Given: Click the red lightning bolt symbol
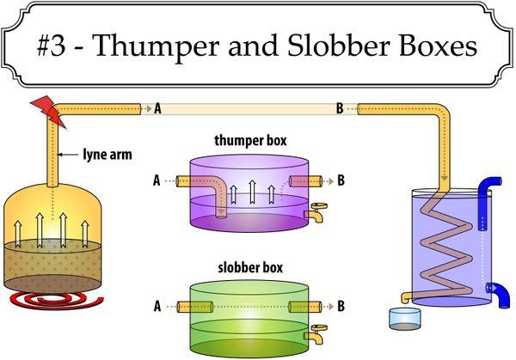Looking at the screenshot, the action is [x=48, y=111].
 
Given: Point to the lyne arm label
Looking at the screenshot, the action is [x=107, y=154].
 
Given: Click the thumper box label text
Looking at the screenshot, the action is [x=250, y=140].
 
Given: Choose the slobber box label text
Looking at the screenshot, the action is [x=250, y=267].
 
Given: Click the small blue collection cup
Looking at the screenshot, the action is [x=405, y=319].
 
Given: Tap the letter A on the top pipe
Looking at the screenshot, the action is [x=157, y=108].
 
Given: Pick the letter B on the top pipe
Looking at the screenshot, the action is [x=340, y=108].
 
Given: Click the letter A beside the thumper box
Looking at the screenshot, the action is [x=157, y=180].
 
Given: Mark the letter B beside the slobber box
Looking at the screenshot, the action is [x=341, y=306].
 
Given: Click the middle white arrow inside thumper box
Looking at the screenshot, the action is [x=252, y=192].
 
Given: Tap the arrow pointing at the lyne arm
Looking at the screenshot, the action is [x=69, y=154].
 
